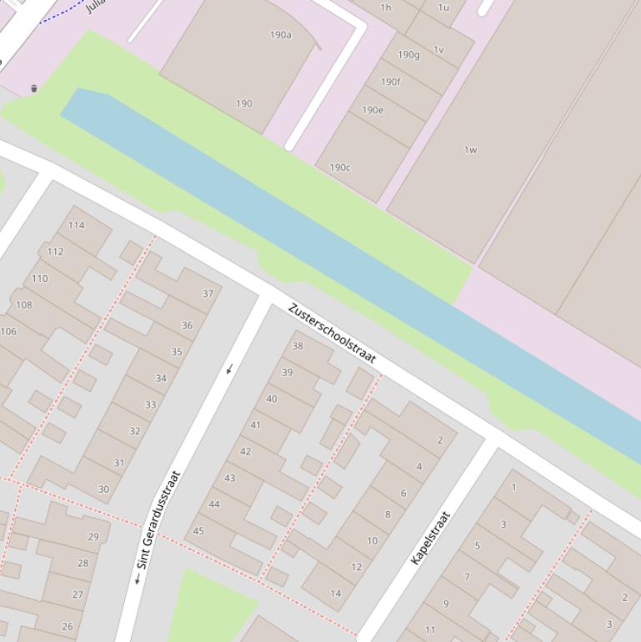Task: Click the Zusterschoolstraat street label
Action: [x=332, y=334]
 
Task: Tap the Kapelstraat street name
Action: [x=430, y=538]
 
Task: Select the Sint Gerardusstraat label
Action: [x=158, y=520]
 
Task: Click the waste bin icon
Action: [x=34, y=88]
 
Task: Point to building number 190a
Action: [x=281, y=35]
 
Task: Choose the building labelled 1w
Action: [x=470, y=150]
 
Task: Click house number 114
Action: [x=77, y=225]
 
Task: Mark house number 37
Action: [x=208, y=293]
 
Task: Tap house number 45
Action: [x=198, y=530]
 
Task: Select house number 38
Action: [x=298, y=346]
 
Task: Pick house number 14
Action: [x=336, y=594]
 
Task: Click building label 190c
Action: [x=340, y=168]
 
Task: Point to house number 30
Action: [x=103, y=489]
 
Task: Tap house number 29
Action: [x=93, y=537]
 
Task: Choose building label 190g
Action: [x=408, y=55]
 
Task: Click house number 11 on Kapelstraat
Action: [x=430, y=629]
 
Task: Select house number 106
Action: [x=8, y=331]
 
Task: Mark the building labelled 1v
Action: [x=438, y=50]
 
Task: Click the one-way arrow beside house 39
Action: [x=229, y=369]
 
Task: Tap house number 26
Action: [x=67, y=626]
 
